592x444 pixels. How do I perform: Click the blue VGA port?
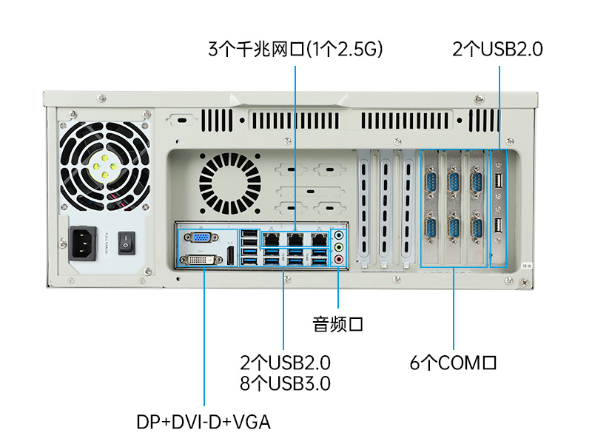[201, 238]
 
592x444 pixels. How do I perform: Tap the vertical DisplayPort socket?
[229, 255]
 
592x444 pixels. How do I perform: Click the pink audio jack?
[339, 260]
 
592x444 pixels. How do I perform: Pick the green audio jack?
[339, 247]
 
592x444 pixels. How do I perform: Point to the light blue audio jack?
[339, 235]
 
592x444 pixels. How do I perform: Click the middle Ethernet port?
[295, 239]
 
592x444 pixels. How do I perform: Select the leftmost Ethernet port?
[271, 239]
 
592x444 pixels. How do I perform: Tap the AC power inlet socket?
[83, 244]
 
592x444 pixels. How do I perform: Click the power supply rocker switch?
[127, 243]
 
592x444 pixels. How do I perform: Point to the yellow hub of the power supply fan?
[104, 166]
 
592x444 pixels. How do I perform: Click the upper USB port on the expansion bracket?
[498, 181]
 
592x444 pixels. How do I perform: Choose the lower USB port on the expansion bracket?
[498, 226]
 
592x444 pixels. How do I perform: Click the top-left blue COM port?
[431, 183]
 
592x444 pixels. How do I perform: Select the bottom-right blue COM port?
[477, 229]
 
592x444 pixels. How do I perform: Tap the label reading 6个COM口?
[453, 363]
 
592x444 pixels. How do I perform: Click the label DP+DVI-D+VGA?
[203, 422]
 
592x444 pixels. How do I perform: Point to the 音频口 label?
[338, 324]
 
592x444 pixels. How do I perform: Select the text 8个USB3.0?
[285, 383]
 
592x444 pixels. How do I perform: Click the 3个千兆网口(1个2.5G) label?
[295, 49]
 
